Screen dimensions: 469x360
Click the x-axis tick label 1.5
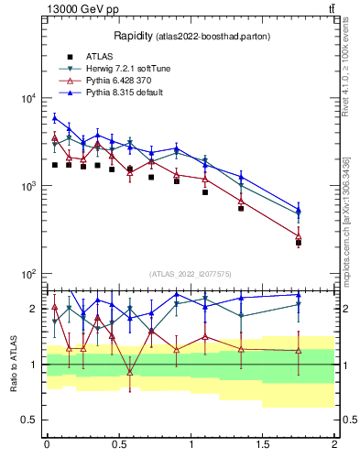tap(263, 444)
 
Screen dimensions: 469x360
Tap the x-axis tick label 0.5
tap(118, 444)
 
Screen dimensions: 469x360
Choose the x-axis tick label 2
tap(334, 444)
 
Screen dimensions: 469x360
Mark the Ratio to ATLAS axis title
tap(14, 364)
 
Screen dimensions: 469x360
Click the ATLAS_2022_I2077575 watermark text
tap(191, 273)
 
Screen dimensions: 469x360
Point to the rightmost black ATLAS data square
tap(299, 243)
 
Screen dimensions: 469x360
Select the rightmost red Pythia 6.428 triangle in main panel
tap(299, 236)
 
